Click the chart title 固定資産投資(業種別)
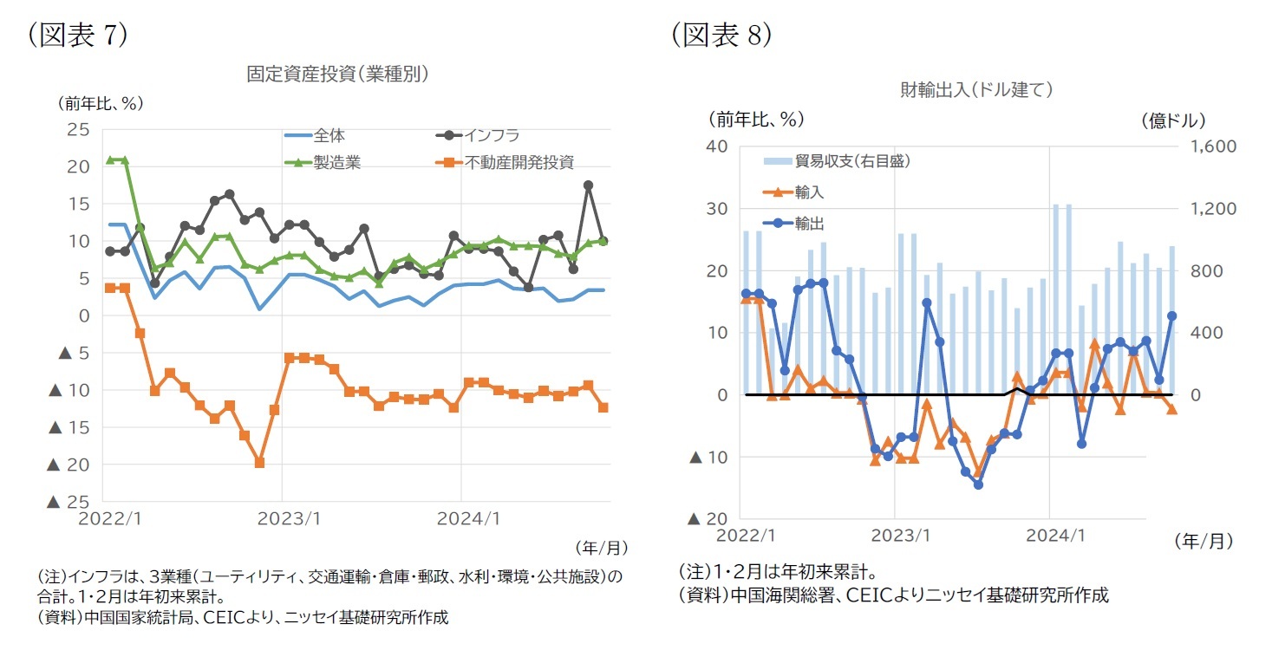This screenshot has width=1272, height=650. pos(337,75)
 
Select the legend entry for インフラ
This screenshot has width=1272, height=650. pos(491,135)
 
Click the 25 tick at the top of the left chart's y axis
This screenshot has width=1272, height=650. pos(78,130)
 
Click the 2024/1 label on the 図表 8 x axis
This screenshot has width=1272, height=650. pos(1050,535)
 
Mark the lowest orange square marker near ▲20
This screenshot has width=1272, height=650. pos(259,463)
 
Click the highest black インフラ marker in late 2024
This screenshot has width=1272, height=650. pos(588,185)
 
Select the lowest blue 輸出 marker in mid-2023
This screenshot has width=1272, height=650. pos(978,484)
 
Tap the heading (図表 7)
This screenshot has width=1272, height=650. pos(78,36)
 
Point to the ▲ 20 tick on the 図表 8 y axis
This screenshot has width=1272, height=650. pos(708,519)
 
